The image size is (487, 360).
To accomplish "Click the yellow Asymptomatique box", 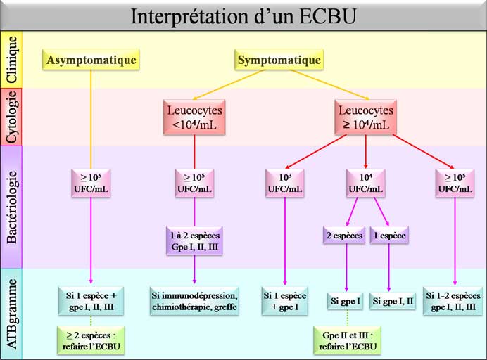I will [x=91, y=60].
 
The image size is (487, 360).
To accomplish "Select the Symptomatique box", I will [x=279, y=60].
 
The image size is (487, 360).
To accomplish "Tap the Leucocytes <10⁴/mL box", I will [x=194, y=117].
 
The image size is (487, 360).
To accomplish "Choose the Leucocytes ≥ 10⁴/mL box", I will [x=365, y=117].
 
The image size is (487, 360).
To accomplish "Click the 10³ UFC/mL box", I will [x=284, y=183].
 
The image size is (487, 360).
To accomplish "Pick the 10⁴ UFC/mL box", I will [x=365, y=183].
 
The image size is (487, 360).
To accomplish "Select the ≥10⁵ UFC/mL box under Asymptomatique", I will [x=91, y=183].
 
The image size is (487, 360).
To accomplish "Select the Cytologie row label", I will [x=12, y=117].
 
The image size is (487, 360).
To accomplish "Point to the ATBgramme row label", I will [x=12, y=313].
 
